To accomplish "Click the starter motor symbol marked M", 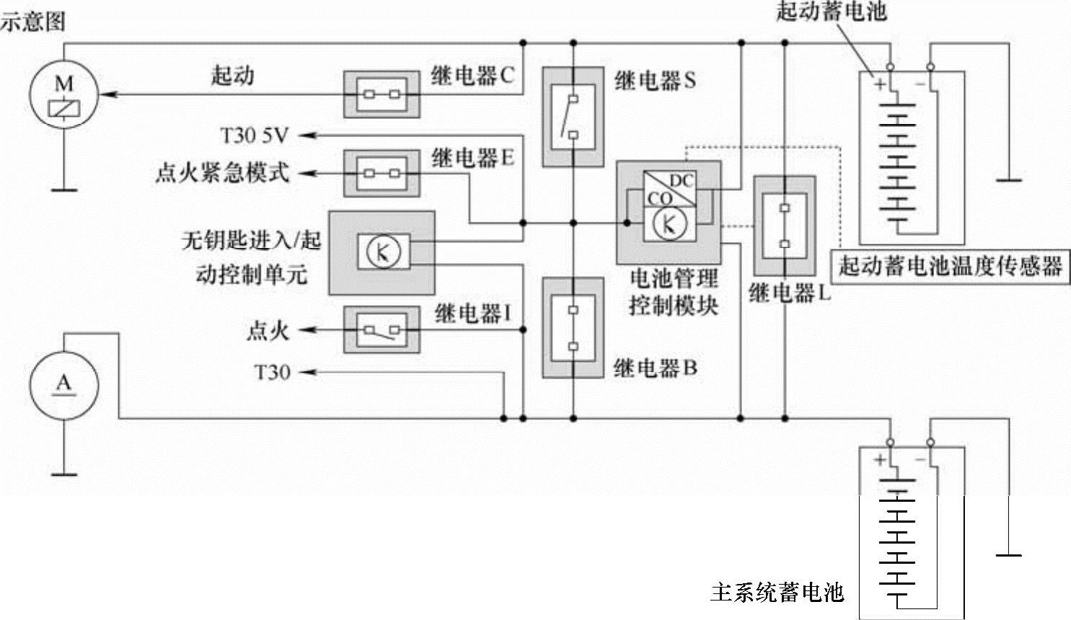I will click(x=63, y=95).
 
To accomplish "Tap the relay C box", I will click(x=381, y=94).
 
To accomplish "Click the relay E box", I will click(x=381, y=173).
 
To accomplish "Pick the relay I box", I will click(x=381, y=330).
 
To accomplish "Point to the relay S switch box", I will click(x=573, y=116).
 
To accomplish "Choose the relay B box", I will click(x=573, y=328).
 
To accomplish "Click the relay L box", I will click(x=784, y=226).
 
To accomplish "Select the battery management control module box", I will click(x=669, y=212).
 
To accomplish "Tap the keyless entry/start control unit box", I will click(x=382, y=252).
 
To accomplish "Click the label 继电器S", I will click(x=655, y=81).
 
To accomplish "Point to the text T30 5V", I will click(x=254, y=135).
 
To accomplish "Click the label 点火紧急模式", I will click(x=222, y=173).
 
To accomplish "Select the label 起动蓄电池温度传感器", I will click(x=950, y=266).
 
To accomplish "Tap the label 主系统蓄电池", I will click(x=777, y=593).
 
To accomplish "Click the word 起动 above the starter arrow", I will click(x=232, y=76).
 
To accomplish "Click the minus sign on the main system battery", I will click(x=920, y=459).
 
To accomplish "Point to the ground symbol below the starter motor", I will click(x=63, y=190).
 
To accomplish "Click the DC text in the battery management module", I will click(x=681, y=180).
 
